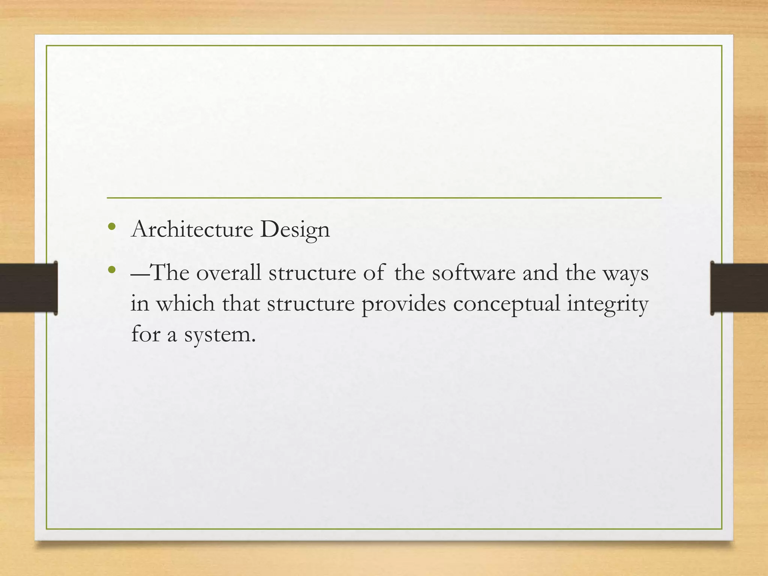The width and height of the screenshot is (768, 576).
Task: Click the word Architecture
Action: click(192, 229)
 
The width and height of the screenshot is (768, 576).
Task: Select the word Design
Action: click(295, 230)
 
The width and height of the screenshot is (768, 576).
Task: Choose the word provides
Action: click(404, 304)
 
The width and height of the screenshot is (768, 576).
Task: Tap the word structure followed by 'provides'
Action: click(311, 304)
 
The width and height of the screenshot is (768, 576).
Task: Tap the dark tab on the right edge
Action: click(739, 288)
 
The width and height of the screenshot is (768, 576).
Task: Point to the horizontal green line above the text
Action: click(384, 198)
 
